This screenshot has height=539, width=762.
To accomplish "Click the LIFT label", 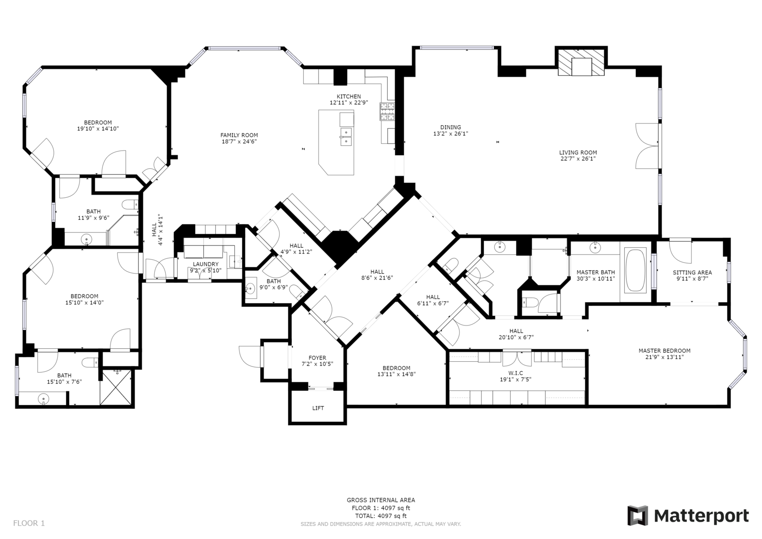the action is click(x=318, y=408).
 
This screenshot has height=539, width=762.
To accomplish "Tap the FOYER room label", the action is click(x=317, y=357).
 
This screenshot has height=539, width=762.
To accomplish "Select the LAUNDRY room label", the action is click(x=206, y=264).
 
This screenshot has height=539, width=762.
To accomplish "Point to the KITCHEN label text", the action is click(x=349, y=96).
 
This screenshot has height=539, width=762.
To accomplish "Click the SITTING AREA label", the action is click(x=692, y=273).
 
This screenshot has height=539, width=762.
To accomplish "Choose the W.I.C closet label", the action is click(x=516, y=373).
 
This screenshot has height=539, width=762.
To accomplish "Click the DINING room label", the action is click(x=451, y=127).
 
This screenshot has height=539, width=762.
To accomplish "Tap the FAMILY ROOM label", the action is click(x=239, y=135).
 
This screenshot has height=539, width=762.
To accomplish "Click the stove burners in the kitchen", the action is click(x=388, y=112).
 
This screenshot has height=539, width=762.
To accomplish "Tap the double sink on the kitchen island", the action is click(x=346, y=137).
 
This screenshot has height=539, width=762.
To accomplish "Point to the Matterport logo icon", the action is click(x=638, y=516).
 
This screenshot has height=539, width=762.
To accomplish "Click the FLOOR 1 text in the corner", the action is click(x=29, y=523).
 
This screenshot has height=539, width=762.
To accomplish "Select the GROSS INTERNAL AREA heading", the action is click(x=381, y=500).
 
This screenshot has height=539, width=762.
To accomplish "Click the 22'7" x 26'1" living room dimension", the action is click(x=578, y=159).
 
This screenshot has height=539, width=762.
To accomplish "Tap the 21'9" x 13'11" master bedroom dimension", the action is click(x=664, y=357).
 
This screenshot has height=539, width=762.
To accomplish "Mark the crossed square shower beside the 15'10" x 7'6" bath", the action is click(x=116, y=387).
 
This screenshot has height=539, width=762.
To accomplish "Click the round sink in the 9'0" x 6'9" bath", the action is click(x=251, y=289).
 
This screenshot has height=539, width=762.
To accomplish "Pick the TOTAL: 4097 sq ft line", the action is click(x=381, y=516).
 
